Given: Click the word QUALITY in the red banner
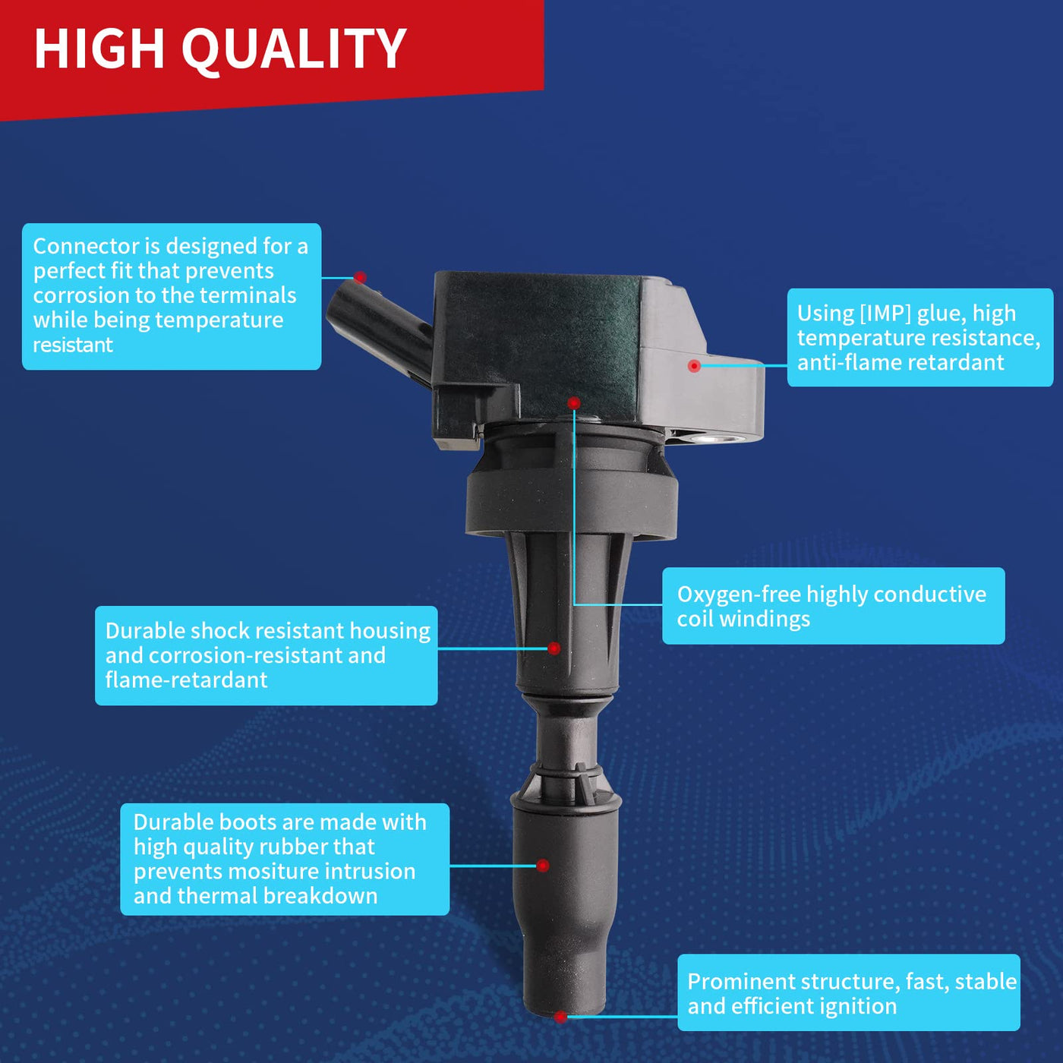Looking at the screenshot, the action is click(294, 49).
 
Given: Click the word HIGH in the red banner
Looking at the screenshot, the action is click(99, 49).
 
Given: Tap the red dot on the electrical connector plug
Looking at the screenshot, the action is click(360, 277).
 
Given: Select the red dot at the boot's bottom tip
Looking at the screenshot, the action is click(560, 1016).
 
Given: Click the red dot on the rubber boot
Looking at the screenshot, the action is click(543, 865).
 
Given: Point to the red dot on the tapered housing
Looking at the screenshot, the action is click(554, 648).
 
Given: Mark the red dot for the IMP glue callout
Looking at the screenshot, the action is click(695, 365).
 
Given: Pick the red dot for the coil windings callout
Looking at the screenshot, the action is click(574, 402).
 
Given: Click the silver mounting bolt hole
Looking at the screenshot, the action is click(714, 439).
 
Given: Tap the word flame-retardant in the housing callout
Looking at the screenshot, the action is click(187, 680).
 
